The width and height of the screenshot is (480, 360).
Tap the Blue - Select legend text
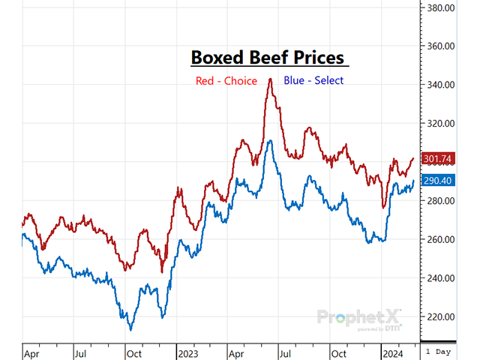313,80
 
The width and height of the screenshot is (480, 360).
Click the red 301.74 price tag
437,158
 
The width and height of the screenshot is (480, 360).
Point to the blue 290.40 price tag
437,181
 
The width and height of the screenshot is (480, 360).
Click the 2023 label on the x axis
187,350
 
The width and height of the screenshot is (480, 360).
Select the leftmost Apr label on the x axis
31,350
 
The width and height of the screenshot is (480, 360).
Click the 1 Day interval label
439,350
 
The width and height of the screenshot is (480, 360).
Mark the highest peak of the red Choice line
270,79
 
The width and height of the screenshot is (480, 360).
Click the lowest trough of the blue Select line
130,329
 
